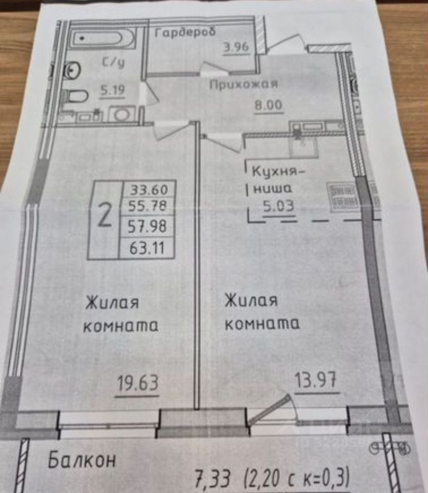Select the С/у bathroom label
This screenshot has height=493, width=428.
pos(114,63)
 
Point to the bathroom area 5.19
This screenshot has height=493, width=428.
pos(112,91)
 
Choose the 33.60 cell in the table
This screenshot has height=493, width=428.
pos(147,189)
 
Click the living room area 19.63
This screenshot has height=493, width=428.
pos(137,383)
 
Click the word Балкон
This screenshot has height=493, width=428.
pos(82,460)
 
